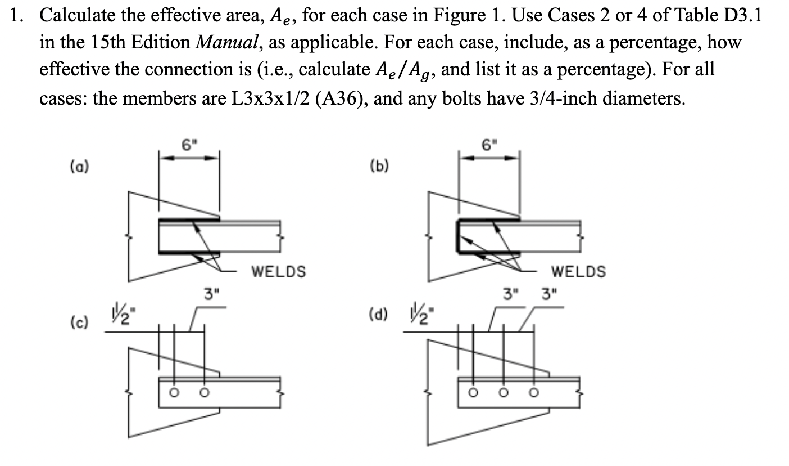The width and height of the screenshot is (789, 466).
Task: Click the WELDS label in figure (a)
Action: tap(278, 272)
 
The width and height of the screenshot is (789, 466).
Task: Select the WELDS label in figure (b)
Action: tap(578, 272)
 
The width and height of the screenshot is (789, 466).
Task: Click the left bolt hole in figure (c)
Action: tap(174, 392)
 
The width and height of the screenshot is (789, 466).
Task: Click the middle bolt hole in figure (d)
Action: tap(503, 392)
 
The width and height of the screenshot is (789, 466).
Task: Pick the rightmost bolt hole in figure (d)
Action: tap(533, 392)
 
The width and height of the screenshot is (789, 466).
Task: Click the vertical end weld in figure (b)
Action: tap(459, 236)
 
